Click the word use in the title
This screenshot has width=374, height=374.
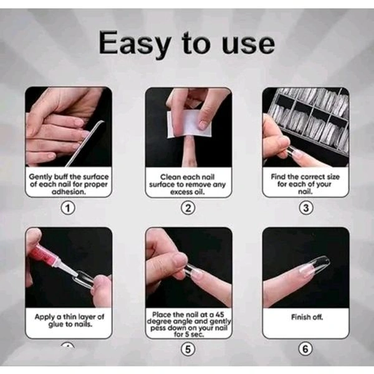tap(246, 44)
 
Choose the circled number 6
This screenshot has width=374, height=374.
tap(305, 348)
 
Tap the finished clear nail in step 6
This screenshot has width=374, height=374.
tap(315, 266)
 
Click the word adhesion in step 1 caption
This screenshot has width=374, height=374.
tap(69, 193)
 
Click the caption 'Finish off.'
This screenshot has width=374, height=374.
tap(305, 317)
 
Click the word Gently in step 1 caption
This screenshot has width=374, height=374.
tap(42, 177)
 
